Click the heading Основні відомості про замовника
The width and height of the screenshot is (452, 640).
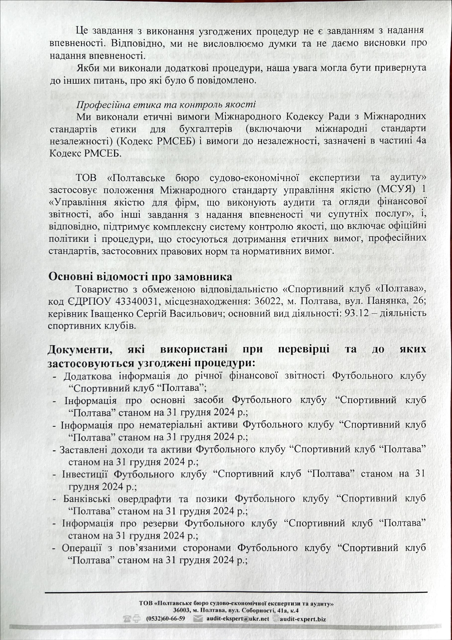point(140,276)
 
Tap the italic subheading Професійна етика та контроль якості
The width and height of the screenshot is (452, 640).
point(166,104)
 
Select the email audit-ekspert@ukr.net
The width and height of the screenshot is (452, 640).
point(237,618)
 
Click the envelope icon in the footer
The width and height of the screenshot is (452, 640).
point(198,618)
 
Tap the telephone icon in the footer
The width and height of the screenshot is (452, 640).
point(127,618)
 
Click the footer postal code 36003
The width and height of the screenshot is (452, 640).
point(182,610)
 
